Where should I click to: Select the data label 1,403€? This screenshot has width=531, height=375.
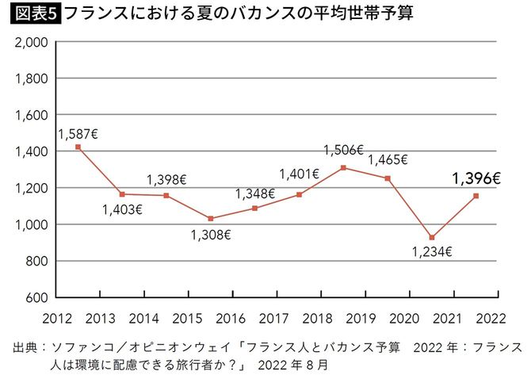[121, 210]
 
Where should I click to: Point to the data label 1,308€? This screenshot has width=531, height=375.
[210, 235]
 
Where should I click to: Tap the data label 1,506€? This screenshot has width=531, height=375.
[342, 149]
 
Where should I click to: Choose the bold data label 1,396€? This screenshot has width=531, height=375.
[476, 179]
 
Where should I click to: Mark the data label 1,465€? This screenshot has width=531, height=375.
[388, 159]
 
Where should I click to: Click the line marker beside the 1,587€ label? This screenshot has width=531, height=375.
[78, 147]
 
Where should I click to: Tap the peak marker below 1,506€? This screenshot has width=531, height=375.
[343, 167]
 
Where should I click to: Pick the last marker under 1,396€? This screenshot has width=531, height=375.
[476, 196]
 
